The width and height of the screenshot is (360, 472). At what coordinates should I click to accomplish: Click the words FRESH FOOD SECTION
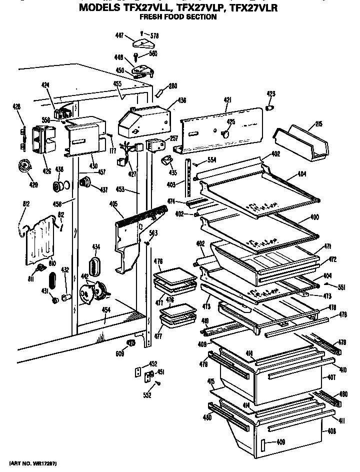click(x=177, y=17)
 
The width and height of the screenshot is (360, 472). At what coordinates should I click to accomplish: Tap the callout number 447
click(x=119, y=35)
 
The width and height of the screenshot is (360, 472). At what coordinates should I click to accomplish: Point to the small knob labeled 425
click(x=225, y=133)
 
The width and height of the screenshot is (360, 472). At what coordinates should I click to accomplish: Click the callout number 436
click(x=181, y=100)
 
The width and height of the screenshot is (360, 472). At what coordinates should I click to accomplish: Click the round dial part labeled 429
click(x=22, y=165)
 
